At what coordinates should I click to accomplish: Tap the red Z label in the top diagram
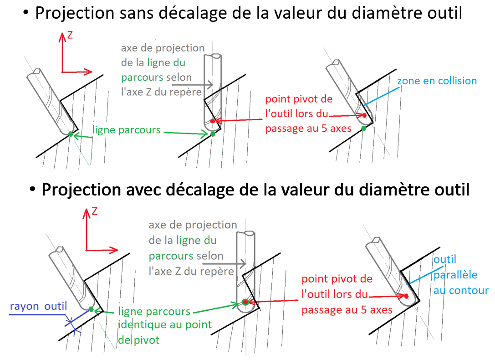pyautogui.click(x=70, y=35)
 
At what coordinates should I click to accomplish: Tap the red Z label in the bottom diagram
pyautogui.click(x=95, y=211)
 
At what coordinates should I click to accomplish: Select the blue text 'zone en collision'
pyautogui.click(x=437, y=81)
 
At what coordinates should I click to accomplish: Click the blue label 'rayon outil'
pyautogui.click(x=38, y=307)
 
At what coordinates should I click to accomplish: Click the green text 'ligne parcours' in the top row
pyautogui.click(x=126, y=130)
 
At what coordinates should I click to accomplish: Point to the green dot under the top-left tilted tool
pyautogui.click(x=70, y=134)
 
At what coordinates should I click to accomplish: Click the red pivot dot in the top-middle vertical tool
pyautogui.click(x=213, y=121)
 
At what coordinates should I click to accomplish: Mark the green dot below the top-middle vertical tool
pyautogui.click(x=213, y=134)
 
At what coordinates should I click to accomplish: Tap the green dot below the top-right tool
pyautogui.click(x=363, y=129)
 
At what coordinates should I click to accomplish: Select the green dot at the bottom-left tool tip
pyautogui.click(x=91, y=309)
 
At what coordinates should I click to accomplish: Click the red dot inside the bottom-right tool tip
pyautogui.click(x=406, y=296)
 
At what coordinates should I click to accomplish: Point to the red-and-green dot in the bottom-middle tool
pyautogui.click(x=245, y=302)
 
